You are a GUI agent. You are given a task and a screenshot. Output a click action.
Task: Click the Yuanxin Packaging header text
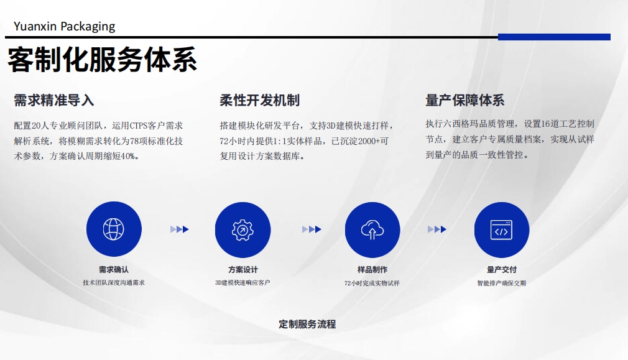click(64, 27)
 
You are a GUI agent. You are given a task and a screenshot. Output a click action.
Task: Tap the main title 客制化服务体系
click(102, 60)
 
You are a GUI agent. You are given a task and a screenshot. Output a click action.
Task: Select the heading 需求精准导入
click(53, 100)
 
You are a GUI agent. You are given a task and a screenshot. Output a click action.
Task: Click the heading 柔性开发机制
click(259, 100)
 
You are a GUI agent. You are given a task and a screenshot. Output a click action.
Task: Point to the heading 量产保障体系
click(465, 100)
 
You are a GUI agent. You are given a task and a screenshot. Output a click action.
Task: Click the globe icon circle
click(114, 229)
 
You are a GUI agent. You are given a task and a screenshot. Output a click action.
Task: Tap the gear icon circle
click(242, 230)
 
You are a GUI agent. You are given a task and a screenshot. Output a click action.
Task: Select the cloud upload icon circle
click(372, 230)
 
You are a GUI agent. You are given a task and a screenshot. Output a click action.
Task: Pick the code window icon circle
click(501, 230)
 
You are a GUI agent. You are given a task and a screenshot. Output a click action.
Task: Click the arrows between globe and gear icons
click(180, 229)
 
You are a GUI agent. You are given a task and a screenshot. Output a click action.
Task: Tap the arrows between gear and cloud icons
click(312, 229)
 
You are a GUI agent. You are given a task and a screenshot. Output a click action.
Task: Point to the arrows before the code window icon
click(437, 229)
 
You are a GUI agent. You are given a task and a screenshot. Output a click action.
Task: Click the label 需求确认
click(114, 269)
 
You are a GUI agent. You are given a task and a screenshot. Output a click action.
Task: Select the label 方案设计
click(243, 270)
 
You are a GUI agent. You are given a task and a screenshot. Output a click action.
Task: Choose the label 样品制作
click(372, 270)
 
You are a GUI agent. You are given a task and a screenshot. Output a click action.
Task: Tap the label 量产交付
click(501, 270)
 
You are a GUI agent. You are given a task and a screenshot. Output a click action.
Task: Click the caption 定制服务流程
click(307, 324)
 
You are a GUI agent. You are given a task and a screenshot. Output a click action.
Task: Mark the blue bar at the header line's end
click(554, 37)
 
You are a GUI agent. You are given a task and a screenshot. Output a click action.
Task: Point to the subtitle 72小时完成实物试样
click(372, 283)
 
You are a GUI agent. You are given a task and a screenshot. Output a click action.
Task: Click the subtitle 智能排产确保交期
click(501, 283)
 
